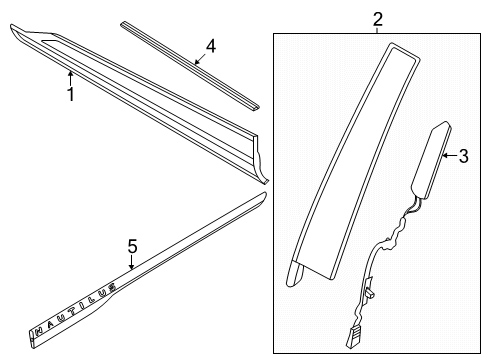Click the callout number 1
coord(71,94)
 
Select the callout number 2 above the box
coord(377,19)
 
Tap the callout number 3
coord(463,156)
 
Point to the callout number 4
coord(211,46)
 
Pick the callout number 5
coord(132,246)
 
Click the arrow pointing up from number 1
coord(70,78)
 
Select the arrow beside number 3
coord(450,155)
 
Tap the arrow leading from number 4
coord(200,59)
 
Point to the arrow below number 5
coord(132,262)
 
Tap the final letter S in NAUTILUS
coord(113,286)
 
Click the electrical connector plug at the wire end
coord(353,336)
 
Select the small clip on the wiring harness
coord(369,287)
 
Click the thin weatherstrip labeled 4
coord(190,65)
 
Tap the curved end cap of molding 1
coord(260,160)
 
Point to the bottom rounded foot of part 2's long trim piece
coord(295,273)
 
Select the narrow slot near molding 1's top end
coord(52,41)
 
